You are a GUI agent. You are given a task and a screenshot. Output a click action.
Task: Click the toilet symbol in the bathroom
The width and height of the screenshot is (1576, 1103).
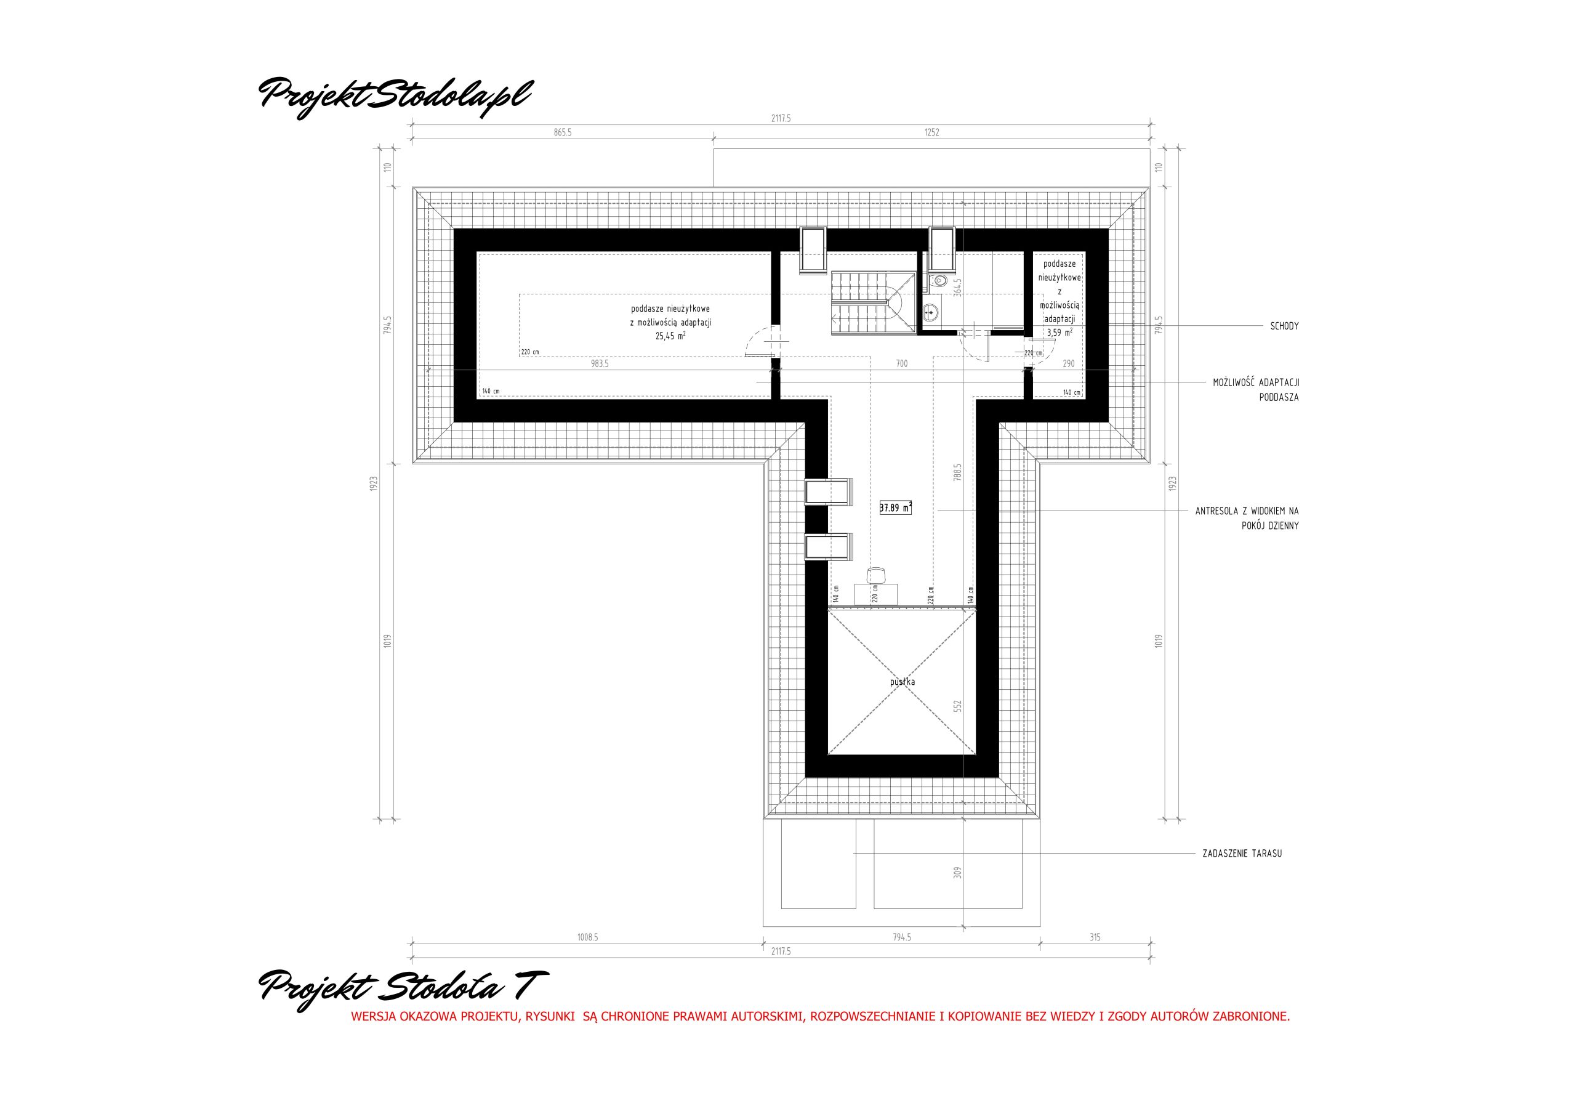coord(939,280)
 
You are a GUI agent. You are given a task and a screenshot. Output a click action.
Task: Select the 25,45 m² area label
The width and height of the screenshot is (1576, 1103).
coord(670,336)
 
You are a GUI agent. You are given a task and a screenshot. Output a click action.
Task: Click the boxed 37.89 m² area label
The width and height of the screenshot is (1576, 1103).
coord(895,508)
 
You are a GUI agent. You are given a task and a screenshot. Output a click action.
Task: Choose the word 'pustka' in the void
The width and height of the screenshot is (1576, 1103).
coord(902,682)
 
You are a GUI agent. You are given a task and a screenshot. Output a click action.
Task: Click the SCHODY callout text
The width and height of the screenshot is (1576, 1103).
coord(1284,326)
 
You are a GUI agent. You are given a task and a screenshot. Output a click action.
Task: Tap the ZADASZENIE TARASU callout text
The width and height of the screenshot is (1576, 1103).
coord(1242,854)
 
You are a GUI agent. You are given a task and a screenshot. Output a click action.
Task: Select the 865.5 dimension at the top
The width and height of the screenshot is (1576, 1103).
coord(562,132)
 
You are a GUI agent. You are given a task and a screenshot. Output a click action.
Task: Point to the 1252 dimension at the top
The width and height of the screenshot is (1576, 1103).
coord(931,132)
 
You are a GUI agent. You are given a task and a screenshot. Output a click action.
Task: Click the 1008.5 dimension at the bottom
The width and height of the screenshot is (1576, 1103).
coord(587,937)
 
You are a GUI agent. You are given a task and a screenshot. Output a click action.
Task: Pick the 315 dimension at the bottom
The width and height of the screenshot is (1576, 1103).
coord(1095,937)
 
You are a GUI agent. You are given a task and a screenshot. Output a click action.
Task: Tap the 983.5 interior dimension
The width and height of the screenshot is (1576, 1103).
coord(599,364)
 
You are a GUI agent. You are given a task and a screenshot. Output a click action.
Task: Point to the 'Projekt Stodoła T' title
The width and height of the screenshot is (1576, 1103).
coord(404,990)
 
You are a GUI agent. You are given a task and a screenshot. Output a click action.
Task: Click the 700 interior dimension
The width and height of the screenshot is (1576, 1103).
coord(902,364)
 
